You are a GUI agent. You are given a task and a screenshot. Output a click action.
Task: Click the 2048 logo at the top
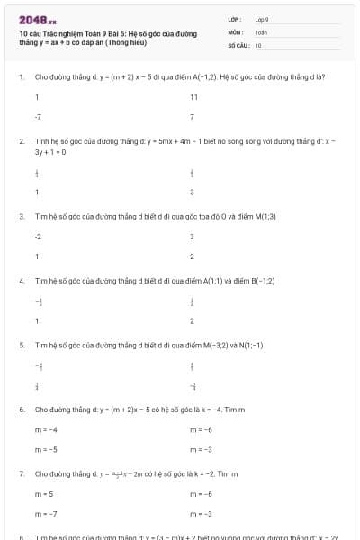37,20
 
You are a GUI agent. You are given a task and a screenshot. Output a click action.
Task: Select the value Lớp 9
262,19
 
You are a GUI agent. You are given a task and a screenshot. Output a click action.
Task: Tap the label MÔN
235,31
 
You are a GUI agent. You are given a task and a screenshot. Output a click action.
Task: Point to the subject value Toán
261,31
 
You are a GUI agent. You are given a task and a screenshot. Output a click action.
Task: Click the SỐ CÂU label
238,44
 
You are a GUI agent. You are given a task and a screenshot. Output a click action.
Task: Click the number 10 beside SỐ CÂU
258,44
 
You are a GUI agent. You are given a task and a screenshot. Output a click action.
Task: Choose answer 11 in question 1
193,97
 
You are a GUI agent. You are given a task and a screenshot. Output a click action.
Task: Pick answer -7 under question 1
38,117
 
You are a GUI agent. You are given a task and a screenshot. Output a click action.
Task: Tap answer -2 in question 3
38,237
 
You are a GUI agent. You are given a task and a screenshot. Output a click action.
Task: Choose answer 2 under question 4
192,321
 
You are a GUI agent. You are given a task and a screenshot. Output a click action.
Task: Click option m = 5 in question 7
44,494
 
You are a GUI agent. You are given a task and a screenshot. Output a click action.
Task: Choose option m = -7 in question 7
46,514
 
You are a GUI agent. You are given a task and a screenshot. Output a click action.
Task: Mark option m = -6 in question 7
201,494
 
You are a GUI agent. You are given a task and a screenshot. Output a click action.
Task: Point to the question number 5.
21,345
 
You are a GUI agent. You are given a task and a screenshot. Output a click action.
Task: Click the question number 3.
21,217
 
